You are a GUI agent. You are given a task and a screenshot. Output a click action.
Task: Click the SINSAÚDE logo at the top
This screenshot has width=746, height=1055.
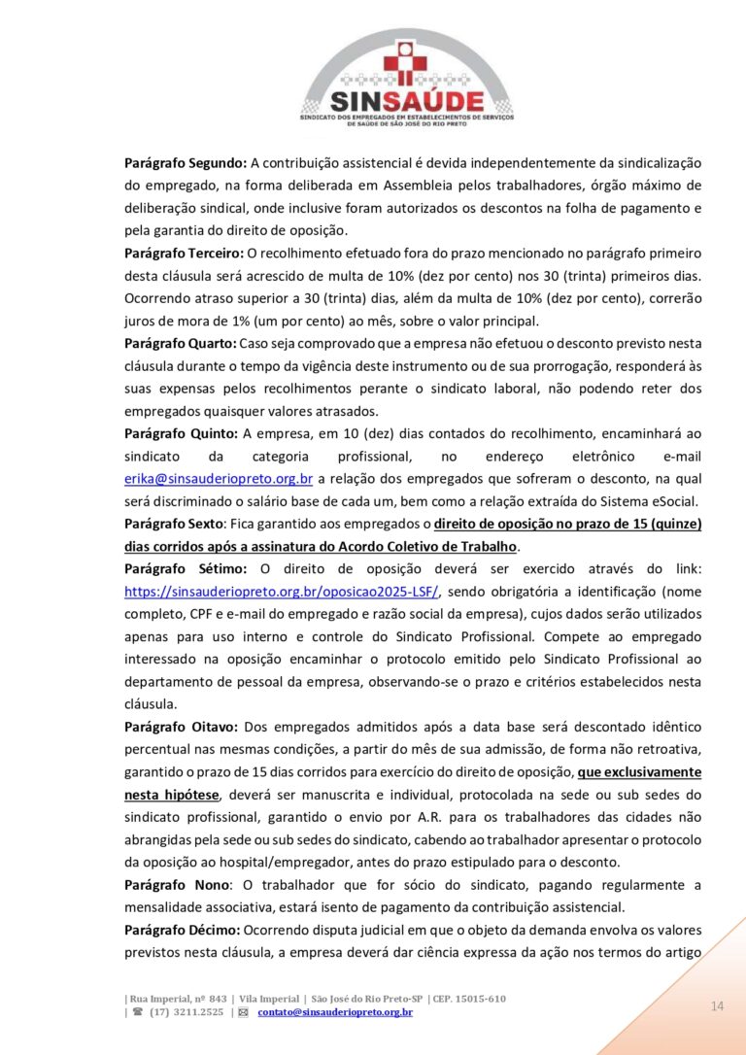pos(406,78)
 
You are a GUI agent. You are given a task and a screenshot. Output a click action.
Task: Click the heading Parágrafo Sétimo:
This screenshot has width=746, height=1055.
pos(186,568)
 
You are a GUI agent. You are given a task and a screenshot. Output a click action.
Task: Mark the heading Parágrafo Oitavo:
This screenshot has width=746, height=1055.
pos(183,727)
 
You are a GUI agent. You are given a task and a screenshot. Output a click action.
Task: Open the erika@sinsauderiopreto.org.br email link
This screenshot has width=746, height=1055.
pos(219,478)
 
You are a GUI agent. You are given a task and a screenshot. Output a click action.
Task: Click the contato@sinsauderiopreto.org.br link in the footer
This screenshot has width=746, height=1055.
pos(335,1013)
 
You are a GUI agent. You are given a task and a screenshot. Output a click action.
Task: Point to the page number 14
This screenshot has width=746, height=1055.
pos(717,1005)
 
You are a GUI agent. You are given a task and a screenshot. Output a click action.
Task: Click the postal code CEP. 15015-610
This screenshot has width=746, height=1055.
pos(469,999)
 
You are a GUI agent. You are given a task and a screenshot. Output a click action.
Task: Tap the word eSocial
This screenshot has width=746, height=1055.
pos(673,500)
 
